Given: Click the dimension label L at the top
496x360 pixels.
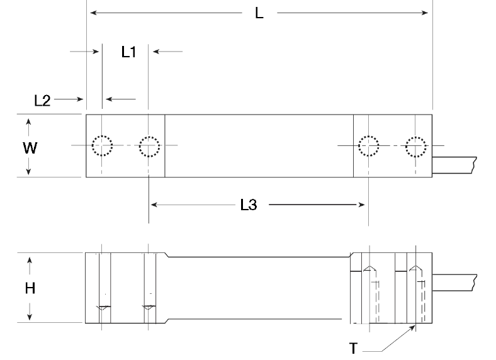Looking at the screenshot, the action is click(x=259, y=13).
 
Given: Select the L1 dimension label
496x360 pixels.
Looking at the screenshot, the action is click(x=129, y=52).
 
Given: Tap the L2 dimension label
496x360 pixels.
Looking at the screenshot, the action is click(x=42, y=101).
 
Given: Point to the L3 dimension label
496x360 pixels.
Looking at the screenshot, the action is click(x=249, y=205).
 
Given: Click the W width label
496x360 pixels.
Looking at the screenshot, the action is click(x=30, y=148).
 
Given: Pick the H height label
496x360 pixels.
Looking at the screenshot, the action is click(x=30, y=288).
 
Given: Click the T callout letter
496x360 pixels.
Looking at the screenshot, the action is click(x=353, y=349).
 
